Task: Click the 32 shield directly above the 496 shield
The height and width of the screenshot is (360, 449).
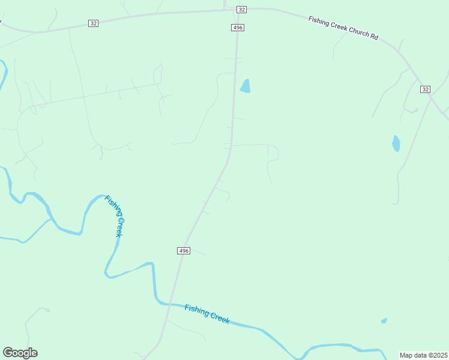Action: coord(241,10)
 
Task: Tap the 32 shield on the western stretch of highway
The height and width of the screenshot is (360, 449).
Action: coord(93,23)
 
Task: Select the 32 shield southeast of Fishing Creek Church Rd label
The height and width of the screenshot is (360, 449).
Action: coord(425,89)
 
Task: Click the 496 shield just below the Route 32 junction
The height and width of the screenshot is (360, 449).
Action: coord(238,28)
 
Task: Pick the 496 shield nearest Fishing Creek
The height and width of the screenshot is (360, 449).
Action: coord(184,251)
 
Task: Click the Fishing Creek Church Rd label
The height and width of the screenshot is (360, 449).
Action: coord(343,28)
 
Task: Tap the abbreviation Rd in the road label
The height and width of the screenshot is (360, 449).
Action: coord(374,37)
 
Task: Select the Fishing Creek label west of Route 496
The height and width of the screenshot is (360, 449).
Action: coord(114,216)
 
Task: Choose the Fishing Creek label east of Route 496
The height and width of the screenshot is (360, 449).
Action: coord(207,314)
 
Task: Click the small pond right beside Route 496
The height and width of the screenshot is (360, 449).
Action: coord(245,86)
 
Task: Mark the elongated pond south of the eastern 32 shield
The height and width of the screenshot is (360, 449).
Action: coord(396,143)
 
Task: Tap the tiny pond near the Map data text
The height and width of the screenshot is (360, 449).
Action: coord(384,321)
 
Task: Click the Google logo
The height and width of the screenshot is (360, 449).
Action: coord(20,353)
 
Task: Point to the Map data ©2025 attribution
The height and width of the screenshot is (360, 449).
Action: coord(423,355)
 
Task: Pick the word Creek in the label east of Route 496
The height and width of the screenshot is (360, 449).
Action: coord(218,318)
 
